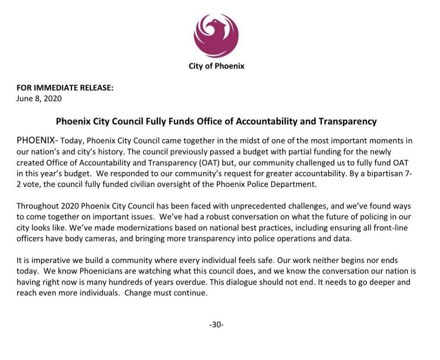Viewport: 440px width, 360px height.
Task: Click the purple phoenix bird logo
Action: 216,36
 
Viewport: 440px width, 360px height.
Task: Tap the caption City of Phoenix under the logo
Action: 216,66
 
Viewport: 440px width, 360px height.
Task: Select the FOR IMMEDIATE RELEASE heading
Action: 65,88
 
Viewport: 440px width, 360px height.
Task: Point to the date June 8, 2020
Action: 39,98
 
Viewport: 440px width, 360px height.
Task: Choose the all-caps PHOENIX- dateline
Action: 37,141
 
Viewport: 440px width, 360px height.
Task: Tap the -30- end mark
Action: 216,324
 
